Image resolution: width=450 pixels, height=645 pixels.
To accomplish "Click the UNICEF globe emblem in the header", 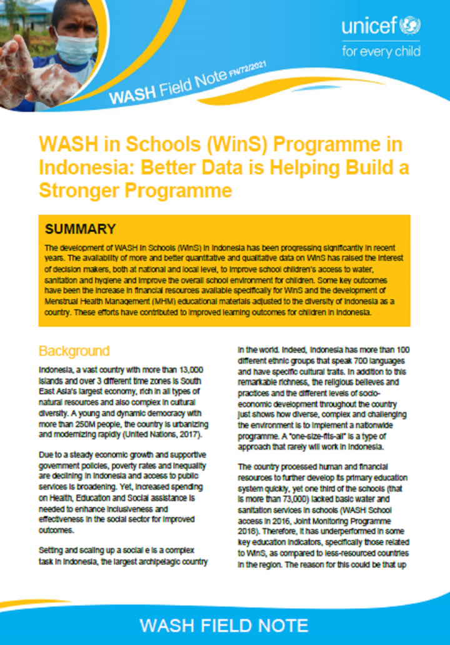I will pos(412,26).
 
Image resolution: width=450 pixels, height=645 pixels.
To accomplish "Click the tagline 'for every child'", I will pos(381,51).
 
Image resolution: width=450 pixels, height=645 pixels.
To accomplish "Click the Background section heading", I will pos(74,351).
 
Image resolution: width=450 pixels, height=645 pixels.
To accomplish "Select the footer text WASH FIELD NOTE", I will pos(224,626).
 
